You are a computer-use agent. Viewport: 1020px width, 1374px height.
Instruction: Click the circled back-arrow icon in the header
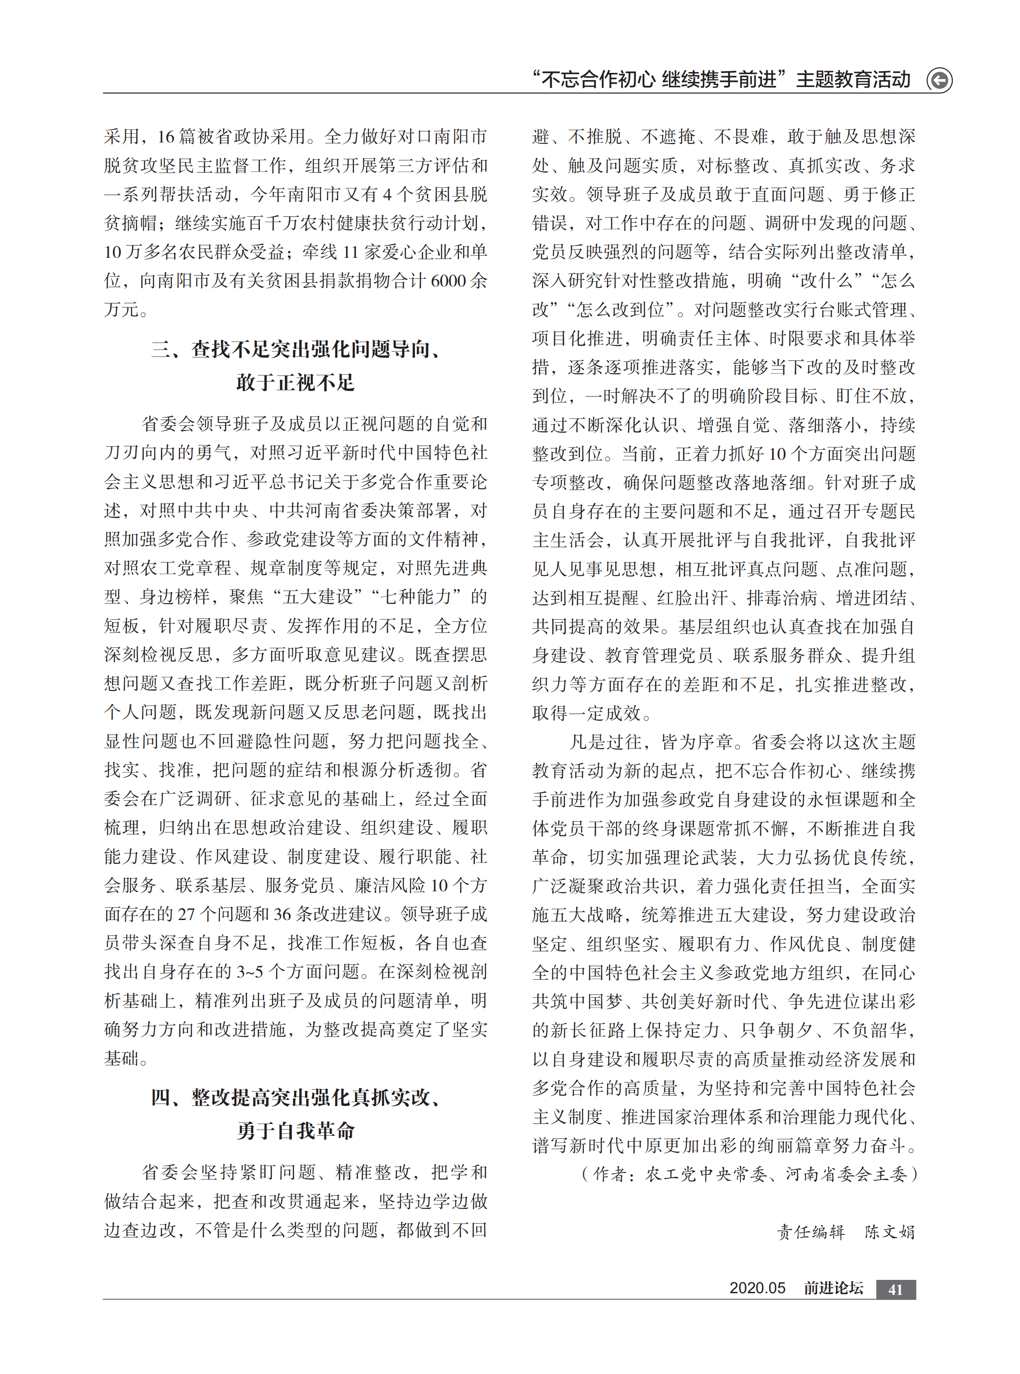point(939,80)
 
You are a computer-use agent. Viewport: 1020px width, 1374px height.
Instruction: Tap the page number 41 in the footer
point(895,1289)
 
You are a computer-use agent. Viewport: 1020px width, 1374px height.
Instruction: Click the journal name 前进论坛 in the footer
point(833,1288)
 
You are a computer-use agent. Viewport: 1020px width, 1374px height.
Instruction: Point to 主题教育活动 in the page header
point(853,80)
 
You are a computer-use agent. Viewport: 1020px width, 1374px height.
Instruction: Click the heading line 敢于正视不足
point(295,383)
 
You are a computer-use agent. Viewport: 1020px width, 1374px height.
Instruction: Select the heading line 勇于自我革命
point(295,1131)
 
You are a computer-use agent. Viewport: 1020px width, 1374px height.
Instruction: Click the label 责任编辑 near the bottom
point(811,1232)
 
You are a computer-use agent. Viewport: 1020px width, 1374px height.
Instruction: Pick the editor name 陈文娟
point(890,1232)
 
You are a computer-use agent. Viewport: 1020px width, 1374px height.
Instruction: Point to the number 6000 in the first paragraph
point(448,281)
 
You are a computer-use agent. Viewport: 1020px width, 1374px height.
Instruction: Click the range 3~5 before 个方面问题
point(249,972)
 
